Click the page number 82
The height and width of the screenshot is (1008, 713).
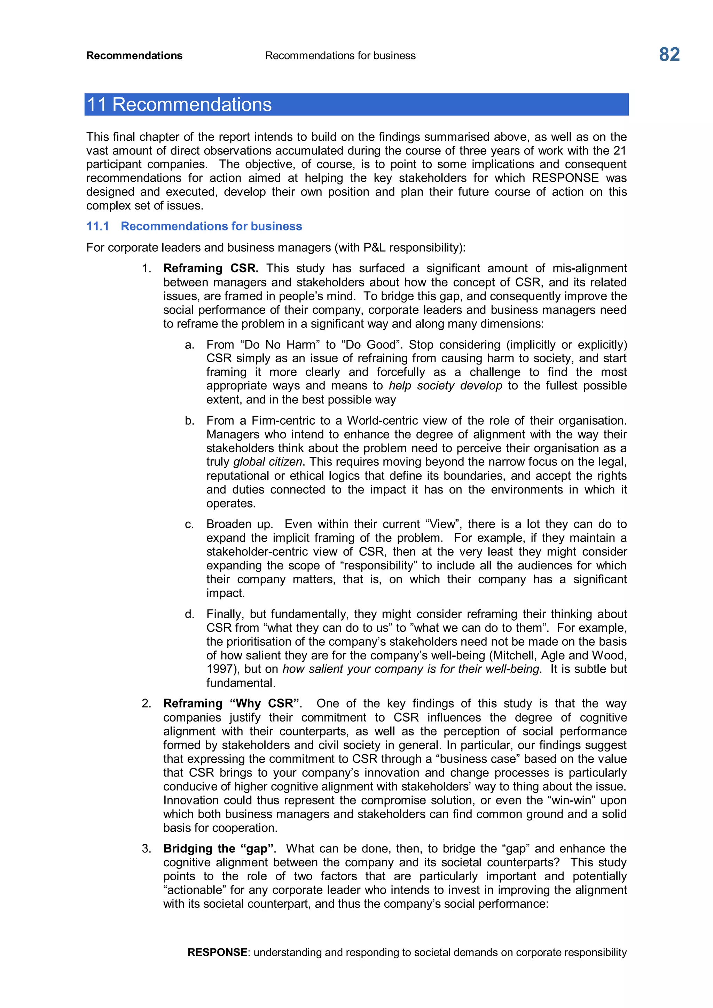coord(669,55)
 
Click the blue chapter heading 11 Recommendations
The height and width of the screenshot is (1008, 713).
coord(179,104)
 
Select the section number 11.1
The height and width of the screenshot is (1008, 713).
coord(97,226)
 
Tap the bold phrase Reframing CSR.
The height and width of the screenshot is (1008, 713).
coord(210,268)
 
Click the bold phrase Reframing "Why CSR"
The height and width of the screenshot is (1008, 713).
coord(232,703)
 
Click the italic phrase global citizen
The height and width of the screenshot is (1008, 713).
coord(267,462)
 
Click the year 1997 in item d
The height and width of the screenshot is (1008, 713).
coord(220,669)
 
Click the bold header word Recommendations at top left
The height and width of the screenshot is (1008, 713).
coord(134,56)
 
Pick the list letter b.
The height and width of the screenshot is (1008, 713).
coord(189,420)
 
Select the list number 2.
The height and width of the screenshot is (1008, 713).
coord(146,703)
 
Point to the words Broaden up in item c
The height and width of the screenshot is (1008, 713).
coord(239,524)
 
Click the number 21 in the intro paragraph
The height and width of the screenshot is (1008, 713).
coord(619,151)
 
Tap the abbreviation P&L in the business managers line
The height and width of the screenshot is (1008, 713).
coord(375,247)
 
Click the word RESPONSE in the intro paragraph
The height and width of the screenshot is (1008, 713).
coord(565,178)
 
